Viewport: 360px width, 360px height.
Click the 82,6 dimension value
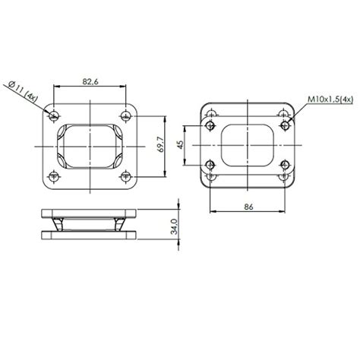click(x=89, y=81)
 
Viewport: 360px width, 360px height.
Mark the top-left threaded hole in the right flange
click(x=212, y=125)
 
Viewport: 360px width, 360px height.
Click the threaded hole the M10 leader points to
click(x=284, y=125)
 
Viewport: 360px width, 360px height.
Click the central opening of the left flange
click(x=90, y=145)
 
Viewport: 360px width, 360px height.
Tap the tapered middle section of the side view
click(x=90, y=224)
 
